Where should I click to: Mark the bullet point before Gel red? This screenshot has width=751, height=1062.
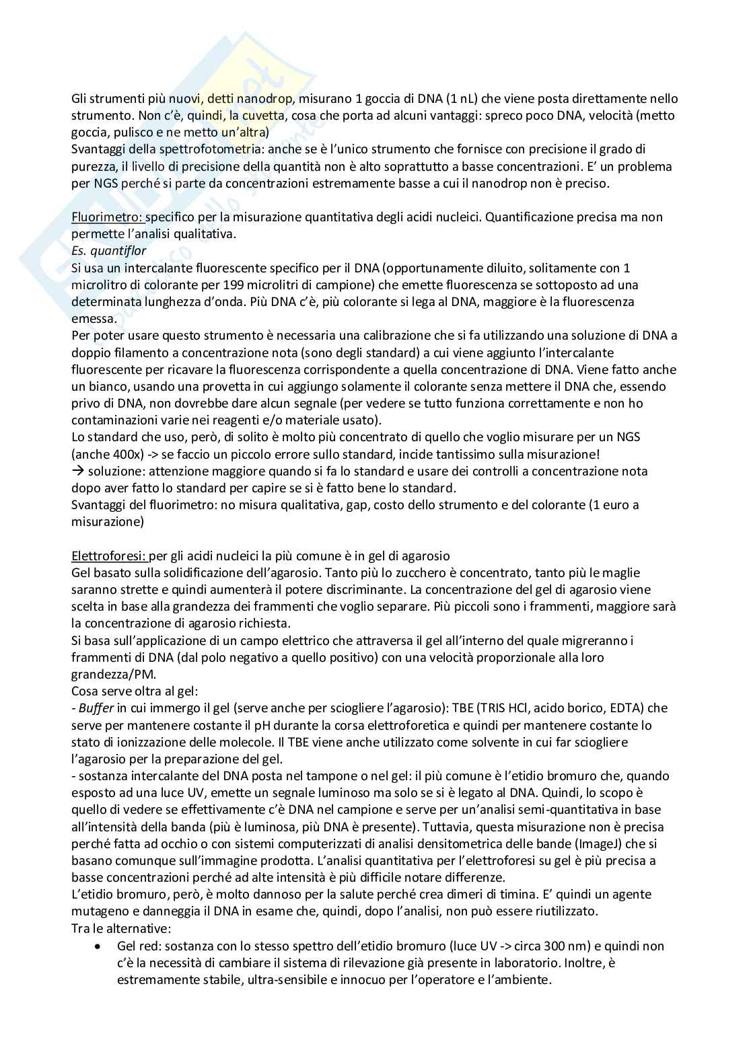pos(99,946)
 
